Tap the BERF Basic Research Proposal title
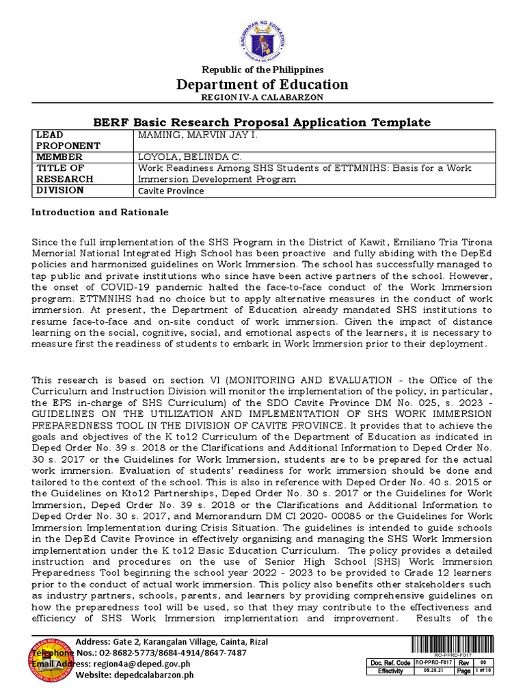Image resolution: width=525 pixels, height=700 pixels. pyautogui.click(x=262, y=122)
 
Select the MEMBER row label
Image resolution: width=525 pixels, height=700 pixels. pyautogui.click(x=54, y=157)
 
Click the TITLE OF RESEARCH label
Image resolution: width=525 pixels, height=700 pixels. pyautogui.click(x=60, y=174)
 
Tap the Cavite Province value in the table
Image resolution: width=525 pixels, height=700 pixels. pyautogui.click(x=171, y=191)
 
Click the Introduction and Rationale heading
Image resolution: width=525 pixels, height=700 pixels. pyautogui.click(x=100, y=213)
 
